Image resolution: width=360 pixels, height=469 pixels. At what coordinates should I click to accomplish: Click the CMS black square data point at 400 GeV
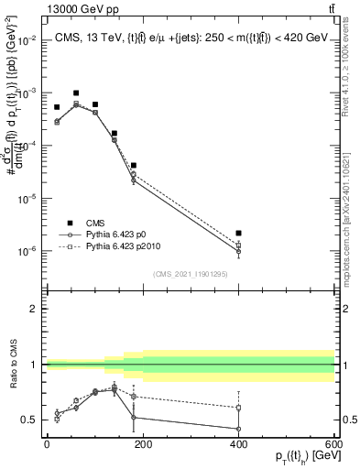click(238, 234)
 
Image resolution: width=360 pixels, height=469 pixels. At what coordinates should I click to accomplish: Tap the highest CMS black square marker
click(76, 93)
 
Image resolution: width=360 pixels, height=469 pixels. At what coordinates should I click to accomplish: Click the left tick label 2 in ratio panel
click(34, 309)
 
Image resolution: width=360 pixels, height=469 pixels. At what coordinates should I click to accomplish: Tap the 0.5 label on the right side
click(347, 420)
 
